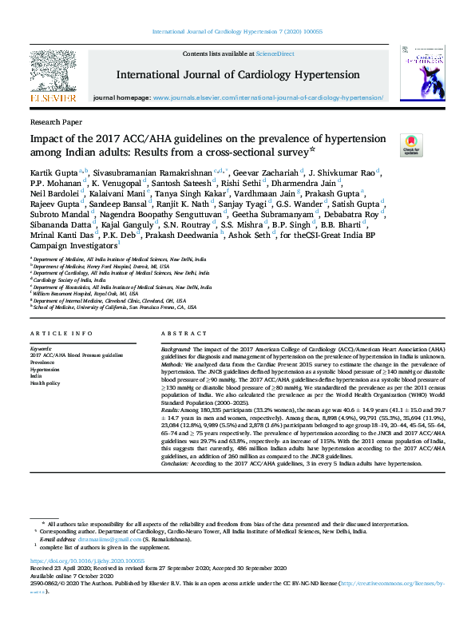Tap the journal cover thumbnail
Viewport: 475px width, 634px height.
[422, 71]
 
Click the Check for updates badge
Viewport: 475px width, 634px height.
[412, 145]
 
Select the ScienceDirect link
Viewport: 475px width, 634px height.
[275, 53]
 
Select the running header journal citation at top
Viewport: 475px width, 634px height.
[236, 32]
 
